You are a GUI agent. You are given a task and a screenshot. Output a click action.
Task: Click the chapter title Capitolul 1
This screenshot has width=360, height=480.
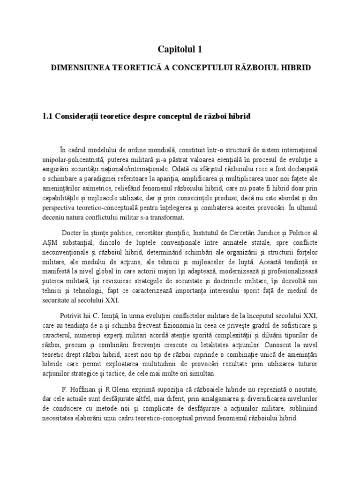[x=180, y=48]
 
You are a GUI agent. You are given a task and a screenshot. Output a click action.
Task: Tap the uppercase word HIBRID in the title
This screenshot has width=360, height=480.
[x=297, y=68]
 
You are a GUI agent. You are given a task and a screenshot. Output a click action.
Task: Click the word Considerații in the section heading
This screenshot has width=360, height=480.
[x=89, y=116]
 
